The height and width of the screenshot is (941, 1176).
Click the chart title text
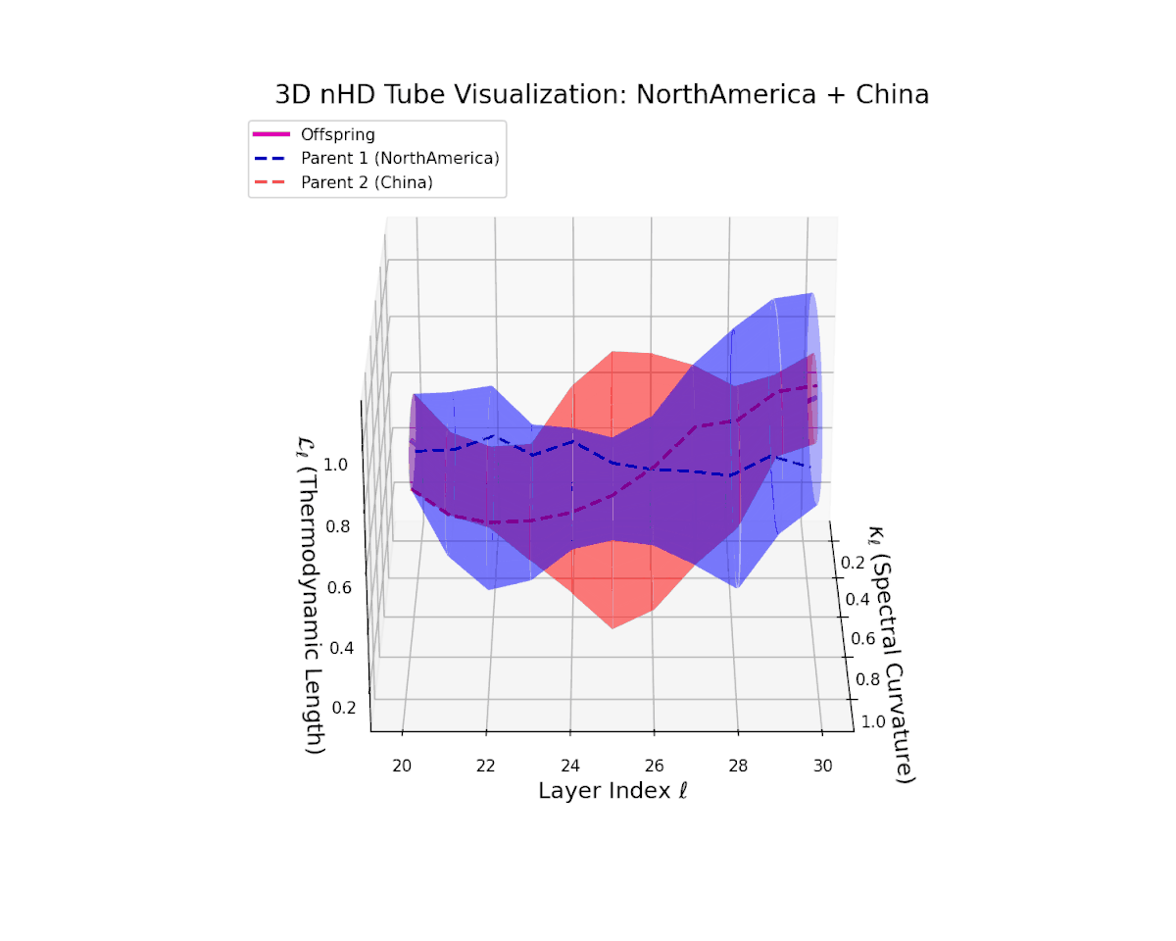pyautogui.click(x=602, y=95)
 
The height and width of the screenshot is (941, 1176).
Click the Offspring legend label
pyautogui.click(x=337, y=135)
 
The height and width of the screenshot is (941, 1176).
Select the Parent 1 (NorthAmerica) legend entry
pyautogui.click(x=400, y=159)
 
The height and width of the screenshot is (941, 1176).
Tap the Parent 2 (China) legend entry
pyautogui.click(x=367, y=182)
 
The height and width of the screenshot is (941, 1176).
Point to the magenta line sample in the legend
pyautogui.click(x=272, y=135)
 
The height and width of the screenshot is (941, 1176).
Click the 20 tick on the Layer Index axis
pyautogui.click(x=402, y=765)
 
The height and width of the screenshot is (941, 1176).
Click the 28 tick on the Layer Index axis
pyautogui.click(x=740, y=765)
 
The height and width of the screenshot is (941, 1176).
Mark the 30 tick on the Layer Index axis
pyautogui.click(x=825, y=765)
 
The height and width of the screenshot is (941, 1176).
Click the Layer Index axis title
pyautogui.click(x=612, y=790)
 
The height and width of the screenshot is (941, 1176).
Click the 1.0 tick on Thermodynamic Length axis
pyautogui.click(x=335, y=464)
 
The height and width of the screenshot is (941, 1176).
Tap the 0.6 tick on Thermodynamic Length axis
pyautogui.click(x=339, y=587)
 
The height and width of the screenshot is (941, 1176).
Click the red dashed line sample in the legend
pyautogui.click(x=272, y=182)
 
